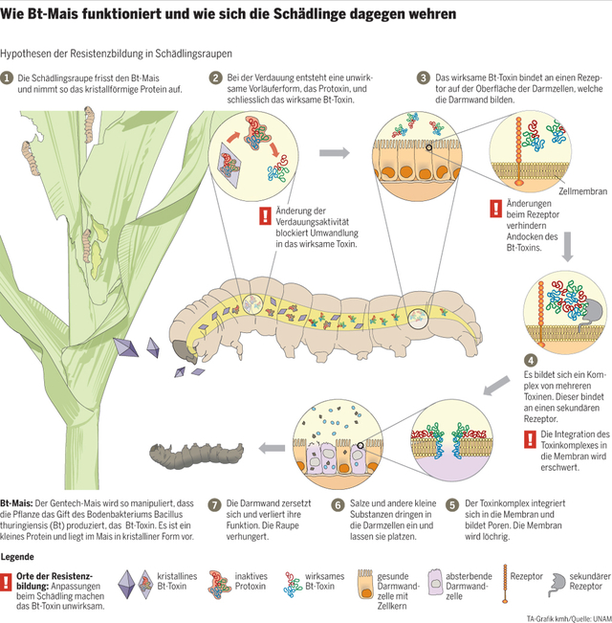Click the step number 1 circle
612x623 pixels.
tap(7, 78)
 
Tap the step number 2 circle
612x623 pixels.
tap(218, 78)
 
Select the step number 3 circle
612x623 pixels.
tap(424, 78)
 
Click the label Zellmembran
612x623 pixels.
tap(581, 190)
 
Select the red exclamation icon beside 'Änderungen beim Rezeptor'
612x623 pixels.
tap(495, 208)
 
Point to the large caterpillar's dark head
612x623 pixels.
tap(181, 352)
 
